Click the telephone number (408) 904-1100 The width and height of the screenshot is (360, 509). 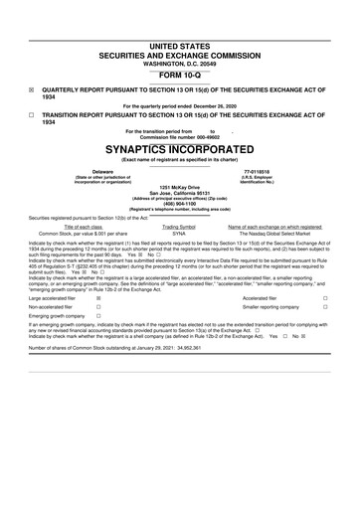[x=179, y=203]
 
